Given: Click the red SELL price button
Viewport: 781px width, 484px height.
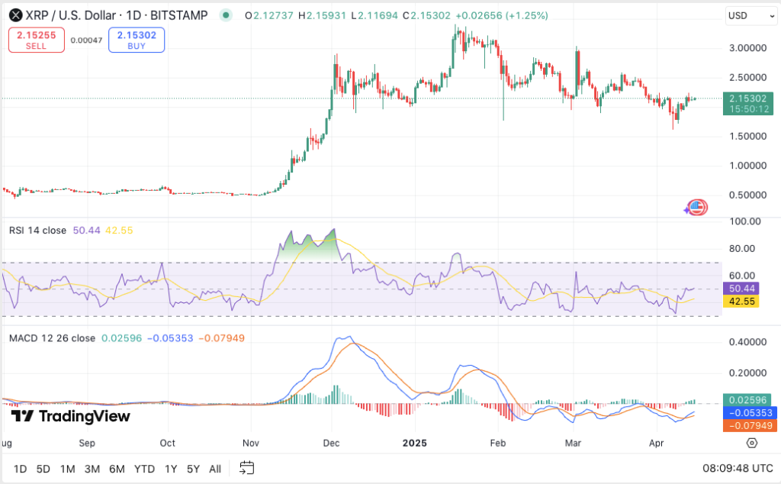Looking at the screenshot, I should [x=36, y=40].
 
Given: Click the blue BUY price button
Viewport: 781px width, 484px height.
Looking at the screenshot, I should [x=137, y=40].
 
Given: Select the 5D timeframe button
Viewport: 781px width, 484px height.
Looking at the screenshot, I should [x=43, y=468].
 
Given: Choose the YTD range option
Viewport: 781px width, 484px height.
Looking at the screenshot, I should [x=144, y=468].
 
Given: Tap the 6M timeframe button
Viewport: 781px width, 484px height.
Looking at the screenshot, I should [x=117, y=468].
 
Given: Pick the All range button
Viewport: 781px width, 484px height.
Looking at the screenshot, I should [x=215, y=468].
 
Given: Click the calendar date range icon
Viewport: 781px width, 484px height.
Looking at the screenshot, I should [x=246, y=467].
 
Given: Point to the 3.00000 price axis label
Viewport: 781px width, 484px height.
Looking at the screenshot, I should [x=747, y=47].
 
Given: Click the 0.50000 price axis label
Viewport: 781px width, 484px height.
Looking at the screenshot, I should [x=747, y=195].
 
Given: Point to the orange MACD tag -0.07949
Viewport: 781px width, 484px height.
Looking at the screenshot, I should [x=750, y=426].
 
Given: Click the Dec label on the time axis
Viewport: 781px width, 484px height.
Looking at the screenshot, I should [x=331, y=443].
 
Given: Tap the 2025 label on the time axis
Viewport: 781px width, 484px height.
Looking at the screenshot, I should [x=415, y=443].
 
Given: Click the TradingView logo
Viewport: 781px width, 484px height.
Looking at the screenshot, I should [x=71, y=416].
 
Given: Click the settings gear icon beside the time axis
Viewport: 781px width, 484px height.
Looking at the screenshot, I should [x=752, y=443].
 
